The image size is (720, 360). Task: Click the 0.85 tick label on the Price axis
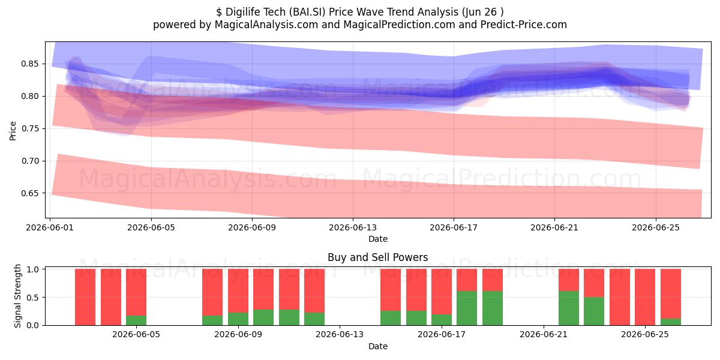click(29, 64)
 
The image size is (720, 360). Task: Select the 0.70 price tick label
click(29, 161)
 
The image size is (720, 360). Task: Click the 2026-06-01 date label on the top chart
click(50, 227)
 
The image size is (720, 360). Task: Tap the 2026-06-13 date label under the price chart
click(353, 227)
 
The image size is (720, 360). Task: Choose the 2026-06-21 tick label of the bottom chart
click(544, 334)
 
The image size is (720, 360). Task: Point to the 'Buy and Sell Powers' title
click(377, 257)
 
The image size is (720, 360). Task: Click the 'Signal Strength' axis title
click(17, 296)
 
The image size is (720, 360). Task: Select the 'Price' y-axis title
click(13, 131)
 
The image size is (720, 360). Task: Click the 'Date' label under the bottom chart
click(377, 346)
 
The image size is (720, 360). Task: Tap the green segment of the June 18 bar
click(467, 308)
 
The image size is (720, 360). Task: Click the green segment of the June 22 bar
click(569, 308)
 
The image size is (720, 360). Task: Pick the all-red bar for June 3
click(111, 297)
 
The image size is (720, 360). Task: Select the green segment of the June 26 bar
click(671, 322)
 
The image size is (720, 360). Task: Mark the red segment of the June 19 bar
click(493, 280)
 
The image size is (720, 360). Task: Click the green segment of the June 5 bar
click(136, 320)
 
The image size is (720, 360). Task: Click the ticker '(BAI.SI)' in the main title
click(307, 12)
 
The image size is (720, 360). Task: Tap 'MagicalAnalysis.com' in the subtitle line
click(266, 25)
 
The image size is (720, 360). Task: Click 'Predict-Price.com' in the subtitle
click(524, 25)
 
